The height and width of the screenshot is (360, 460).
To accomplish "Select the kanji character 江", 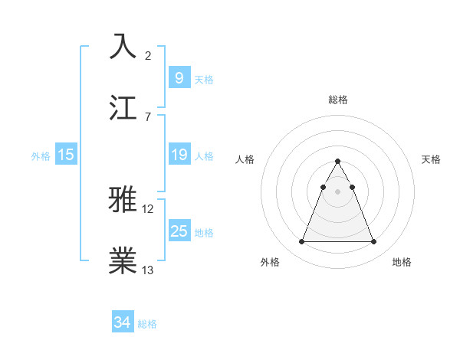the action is (124, 106).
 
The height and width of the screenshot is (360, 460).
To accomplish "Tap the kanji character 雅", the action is (124, 199).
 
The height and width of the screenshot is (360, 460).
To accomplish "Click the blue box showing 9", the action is (179, 78).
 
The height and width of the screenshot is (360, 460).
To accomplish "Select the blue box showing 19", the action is (179, 155).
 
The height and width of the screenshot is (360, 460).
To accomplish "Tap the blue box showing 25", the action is (179, 231).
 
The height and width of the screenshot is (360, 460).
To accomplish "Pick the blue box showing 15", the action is (66, 155).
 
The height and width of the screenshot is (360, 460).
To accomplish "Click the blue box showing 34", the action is (122, 323).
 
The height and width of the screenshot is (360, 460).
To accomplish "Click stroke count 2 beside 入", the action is (148, 55).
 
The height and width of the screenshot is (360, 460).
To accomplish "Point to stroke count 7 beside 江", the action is (148, 116).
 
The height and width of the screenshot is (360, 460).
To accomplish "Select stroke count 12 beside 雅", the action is (149, 208).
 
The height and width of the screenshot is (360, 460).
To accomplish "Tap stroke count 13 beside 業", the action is (149, 270).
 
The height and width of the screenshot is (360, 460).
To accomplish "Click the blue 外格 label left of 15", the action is (41, 156).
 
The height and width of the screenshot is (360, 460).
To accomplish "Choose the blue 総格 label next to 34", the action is (147, 324).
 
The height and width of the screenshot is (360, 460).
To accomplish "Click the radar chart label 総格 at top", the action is (337, 100).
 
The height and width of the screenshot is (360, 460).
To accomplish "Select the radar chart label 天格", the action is (432, 159).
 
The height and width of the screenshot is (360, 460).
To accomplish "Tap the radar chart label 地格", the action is (402, 262).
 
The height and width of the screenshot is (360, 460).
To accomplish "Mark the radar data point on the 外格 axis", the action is (301, 242).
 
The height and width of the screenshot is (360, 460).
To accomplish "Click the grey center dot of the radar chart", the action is (337, 192).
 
